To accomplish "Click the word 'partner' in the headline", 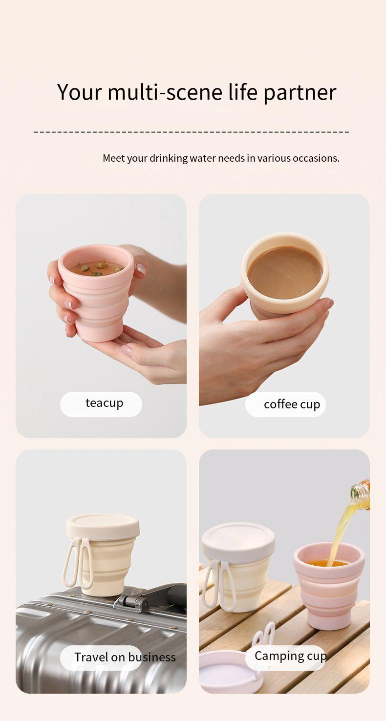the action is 300,93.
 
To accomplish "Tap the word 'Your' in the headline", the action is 80,92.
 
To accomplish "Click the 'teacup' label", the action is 104,403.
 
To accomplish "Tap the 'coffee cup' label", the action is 292,404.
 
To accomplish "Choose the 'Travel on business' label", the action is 125,657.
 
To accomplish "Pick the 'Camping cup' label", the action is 290,656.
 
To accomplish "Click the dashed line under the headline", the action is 191,132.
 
